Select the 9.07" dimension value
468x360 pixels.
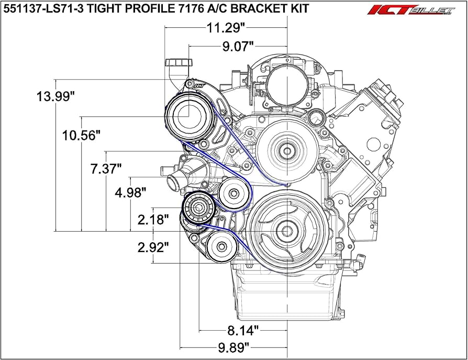click(x=238, y=47)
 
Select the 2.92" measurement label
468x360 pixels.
click(x=152, y=247)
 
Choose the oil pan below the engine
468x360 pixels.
click(x=285, y=299)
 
